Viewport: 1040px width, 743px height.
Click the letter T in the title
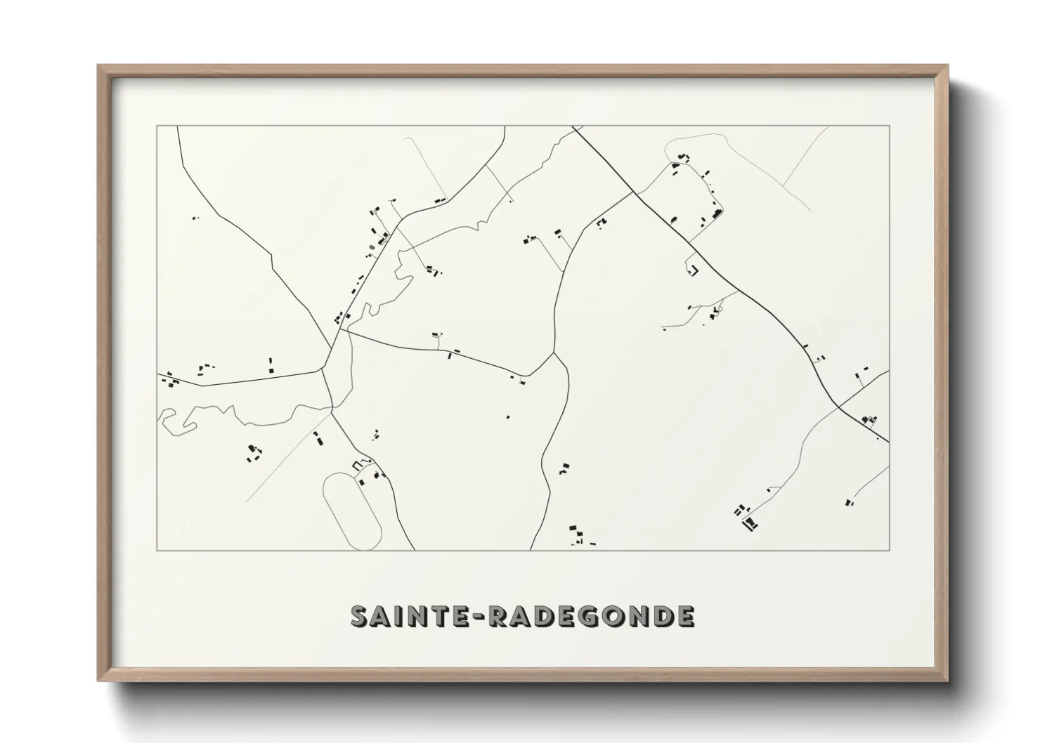[432, 616]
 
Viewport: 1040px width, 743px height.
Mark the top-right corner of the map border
[890, 126]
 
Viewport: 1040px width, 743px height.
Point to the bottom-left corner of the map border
[157, 550]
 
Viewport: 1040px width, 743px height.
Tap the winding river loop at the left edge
[176, 421]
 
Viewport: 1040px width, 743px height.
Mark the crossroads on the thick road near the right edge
[839, 406]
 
